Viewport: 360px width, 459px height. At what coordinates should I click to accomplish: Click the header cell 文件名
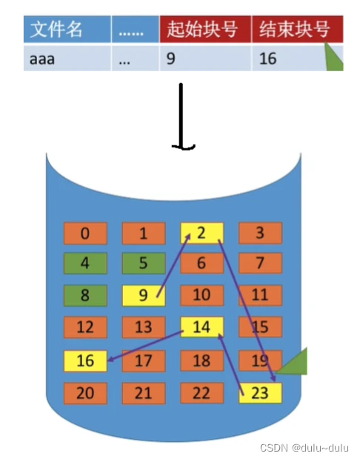67,29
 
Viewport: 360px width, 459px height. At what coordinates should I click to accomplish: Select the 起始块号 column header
205,29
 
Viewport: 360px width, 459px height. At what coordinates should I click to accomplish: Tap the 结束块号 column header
297,29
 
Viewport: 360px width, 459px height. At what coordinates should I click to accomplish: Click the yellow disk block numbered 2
201,234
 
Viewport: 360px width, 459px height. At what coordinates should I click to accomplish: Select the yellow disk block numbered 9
143,296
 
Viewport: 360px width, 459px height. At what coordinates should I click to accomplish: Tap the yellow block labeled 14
201,327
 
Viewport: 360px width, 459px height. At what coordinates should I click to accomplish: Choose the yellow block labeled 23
260,393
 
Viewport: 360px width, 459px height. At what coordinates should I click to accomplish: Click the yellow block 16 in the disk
85,361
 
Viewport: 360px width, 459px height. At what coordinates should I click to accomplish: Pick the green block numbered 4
85,263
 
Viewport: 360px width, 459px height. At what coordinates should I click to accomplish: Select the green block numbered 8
85,296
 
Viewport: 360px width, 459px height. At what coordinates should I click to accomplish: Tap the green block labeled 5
143,263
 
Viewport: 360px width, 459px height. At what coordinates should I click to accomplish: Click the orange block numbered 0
85,234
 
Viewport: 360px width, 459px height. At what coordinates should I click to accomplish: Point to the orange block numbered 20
85,393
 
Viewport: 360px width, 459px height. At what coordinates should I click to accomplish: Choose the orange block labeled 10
201,296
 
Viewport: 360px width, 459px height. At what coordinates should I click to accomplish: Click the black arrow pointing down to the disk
181,117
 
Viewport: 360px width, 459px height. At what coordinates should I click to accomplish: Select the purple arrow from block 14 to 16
145,346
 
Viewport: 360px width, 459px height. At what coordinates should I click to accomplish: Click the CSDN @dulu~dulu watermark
304,448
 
